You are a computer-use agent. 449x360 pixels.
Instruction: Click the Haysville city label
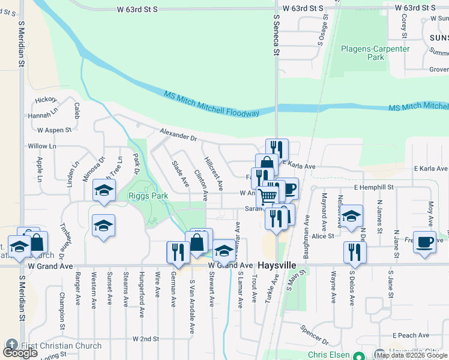pyautogui.click(x=279, y=265)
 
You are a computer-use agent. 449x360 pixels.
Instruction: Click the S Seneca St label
pyautogui.click(x=276, y=36)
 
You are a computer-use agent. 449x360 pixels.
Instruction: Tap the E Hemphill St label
pyautogui.click(x=373, y=188)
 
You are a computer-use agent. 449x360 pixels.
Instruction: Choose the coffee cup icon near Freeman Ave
pyautogui.click(x=425, y=242)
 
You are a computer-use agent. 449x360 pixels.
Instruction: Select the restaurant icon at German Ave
pyautogui.click(x=178, y=252)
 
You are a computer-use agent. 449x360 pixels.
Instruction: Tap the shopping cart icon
pyautogui.click(x=268, y=196)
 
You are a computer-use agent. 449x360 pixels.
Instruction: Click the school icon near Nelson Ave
pyautogui.click(x=352, y=215)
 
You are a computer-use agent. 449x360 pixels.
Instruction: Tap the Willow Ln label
pyautogui.click(x=41, y=146)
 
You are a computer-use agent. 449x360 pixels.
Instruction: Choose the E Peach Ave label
pyautogui.click(x=411, y=335)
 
